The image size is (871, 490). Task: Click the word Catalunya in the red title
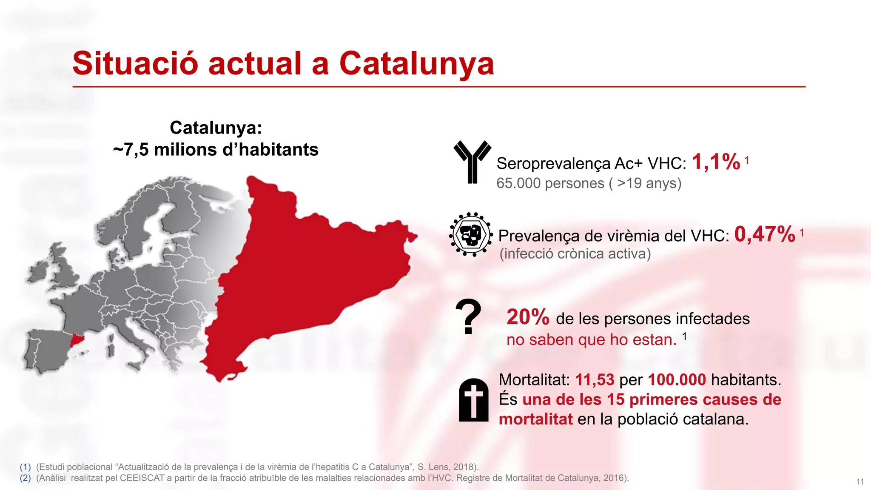416,64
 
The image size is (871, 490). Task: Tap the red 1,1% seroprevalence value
716,162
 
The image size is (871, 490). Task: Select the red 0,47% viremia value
764,234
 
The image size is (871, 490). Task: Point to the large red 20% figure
528,317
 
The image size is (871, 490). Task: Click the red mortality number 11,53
595,379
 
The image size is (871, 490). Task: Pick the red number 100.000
677,379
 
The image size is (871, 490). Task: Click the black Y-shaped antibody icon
472,162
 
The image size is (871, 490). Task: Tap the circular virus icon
471,234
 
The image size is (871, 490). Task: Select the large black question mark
468,317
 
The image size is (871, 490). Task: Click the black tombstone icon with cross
473,400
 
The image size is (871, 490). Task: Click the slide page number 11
860,481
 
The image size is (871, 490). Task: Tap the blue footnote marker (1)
26,467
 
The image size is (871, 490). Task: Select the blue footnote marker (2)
26,478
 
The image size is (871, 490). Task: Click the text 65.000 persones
550,183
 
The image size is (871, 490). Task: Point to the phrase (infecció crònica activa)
575,254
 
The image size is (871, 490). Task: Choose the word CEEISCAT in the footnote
142,478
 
